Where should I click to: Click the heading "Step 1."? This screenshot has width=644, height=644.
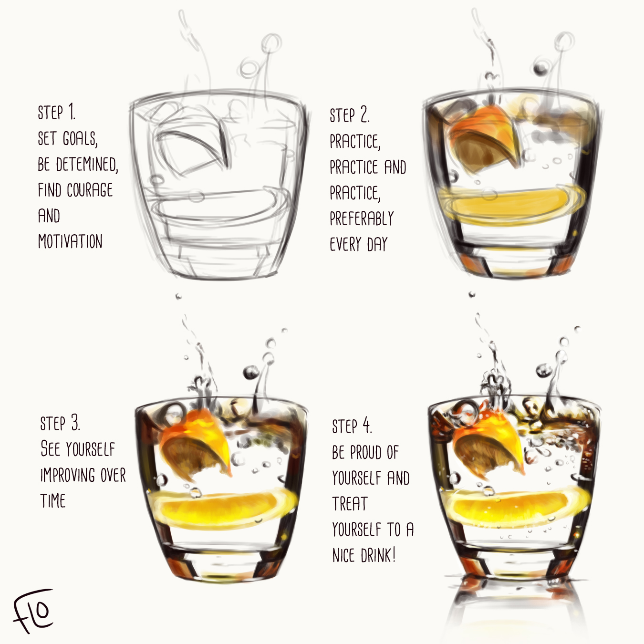[56, 113]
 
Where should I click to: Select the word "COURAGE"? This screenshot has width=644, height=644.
[90, 190]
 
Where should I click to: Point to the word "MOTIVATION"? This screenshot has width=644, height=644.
[70, 241]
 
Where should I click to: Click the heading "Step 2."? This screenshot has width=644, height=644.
[349, 115]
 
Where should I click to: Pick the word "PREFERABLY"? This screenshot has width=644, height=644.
[362, 218]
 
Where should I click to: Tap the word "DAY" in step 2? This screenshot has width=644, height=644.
[377, 244]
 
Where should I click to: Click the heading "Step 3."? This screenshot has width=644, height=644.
[60, 424]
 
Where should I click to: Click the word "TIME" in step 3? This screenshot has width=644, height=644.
[53, 501]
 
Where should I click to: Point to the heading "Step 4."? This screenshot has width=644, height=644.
[352, 426]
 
